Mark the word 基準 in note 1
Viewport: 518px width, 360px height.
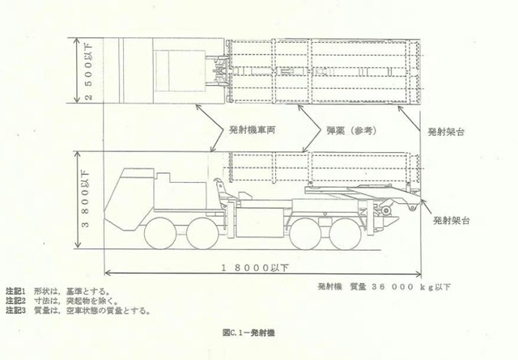point(86,290)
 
